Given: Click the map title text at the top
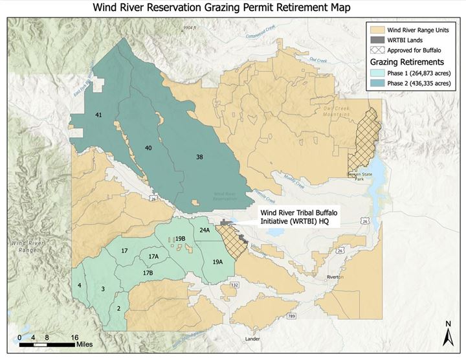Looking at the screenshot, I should pyautogui.click(x=232, y=8).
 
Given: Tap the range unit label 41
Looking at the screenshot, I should pyautogui.click(x=98, y=115).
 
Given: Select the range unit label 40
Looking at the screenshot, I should pyautogui.click(x=148, y=148).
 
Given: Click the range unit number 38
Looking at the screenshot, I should pyautogui.click(x=199, y=157).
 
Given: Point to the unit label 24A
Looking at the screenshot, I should pyautogui.click(x=205, y=230).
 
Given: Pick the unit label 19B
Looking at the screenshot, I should pyautogui.click(x=181, y=239).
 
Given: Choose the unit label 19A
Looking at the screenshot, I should pyautogui.click(x=217, y=262).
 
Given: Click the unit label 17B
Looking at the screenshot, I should pyautogui.click(x=148, y=273).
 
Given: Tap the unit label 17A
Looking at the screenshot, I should pyautogui.click(x=153, y=257).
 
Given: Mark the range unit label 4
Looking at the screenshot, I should pyautogui.click(x=79, y=285).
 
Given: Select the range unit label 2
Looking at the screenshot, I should pyautogui.click(x=118, y=308).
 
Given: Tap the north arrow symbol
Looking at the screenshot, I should pyautogui.click(x=447, y=335).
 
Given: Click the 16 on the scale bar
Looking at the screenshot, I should pyautogui.click(x=74, y=337).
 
